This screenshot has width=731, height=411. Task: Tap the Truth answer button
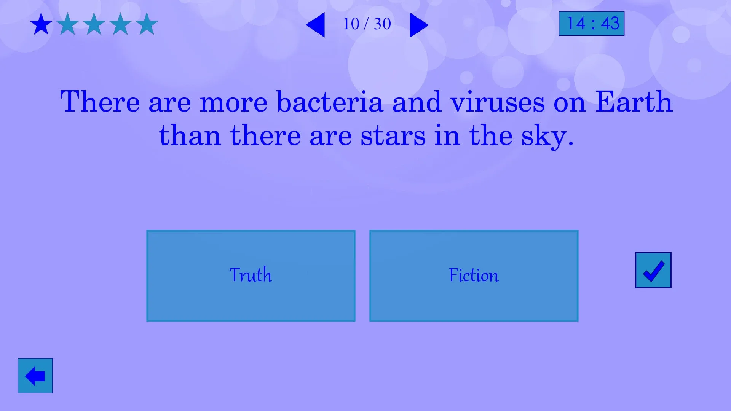tap(251, 276)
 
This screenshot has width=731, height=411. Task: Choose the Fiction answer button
tap(474, 276)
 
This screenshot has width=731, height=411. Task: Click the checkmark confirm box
tap(653, 270)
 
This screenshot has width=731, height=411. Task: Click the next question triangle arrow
tap(419, 25)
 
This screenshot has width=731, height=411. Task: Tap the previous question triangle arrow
tap(315, 25)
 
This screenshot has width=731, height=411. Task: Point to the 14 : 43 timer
tap(592, 24)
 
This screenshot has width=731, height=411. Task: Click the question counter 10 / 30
tap(367, 24)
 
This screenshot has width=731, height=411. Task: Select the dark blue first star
tap(41, 24)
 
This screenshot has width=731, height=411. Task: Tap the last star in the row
tap(147, 24)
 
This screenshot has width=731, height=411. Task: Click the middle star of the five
tap(94, 24)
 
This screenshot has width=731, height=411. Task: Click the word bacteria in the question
tap(330, 102)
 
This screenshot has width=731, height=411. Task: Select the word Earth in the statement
tap(634, 102)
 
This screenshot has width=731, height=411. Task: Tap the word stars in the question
tap(393, 136)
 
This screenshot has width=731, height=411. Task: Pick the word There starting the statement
tap(100, 102)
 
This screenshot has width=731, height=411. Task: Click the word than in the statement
tap(190, 135)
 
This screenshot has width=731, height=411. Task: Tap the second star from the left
tap(68, 24)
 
